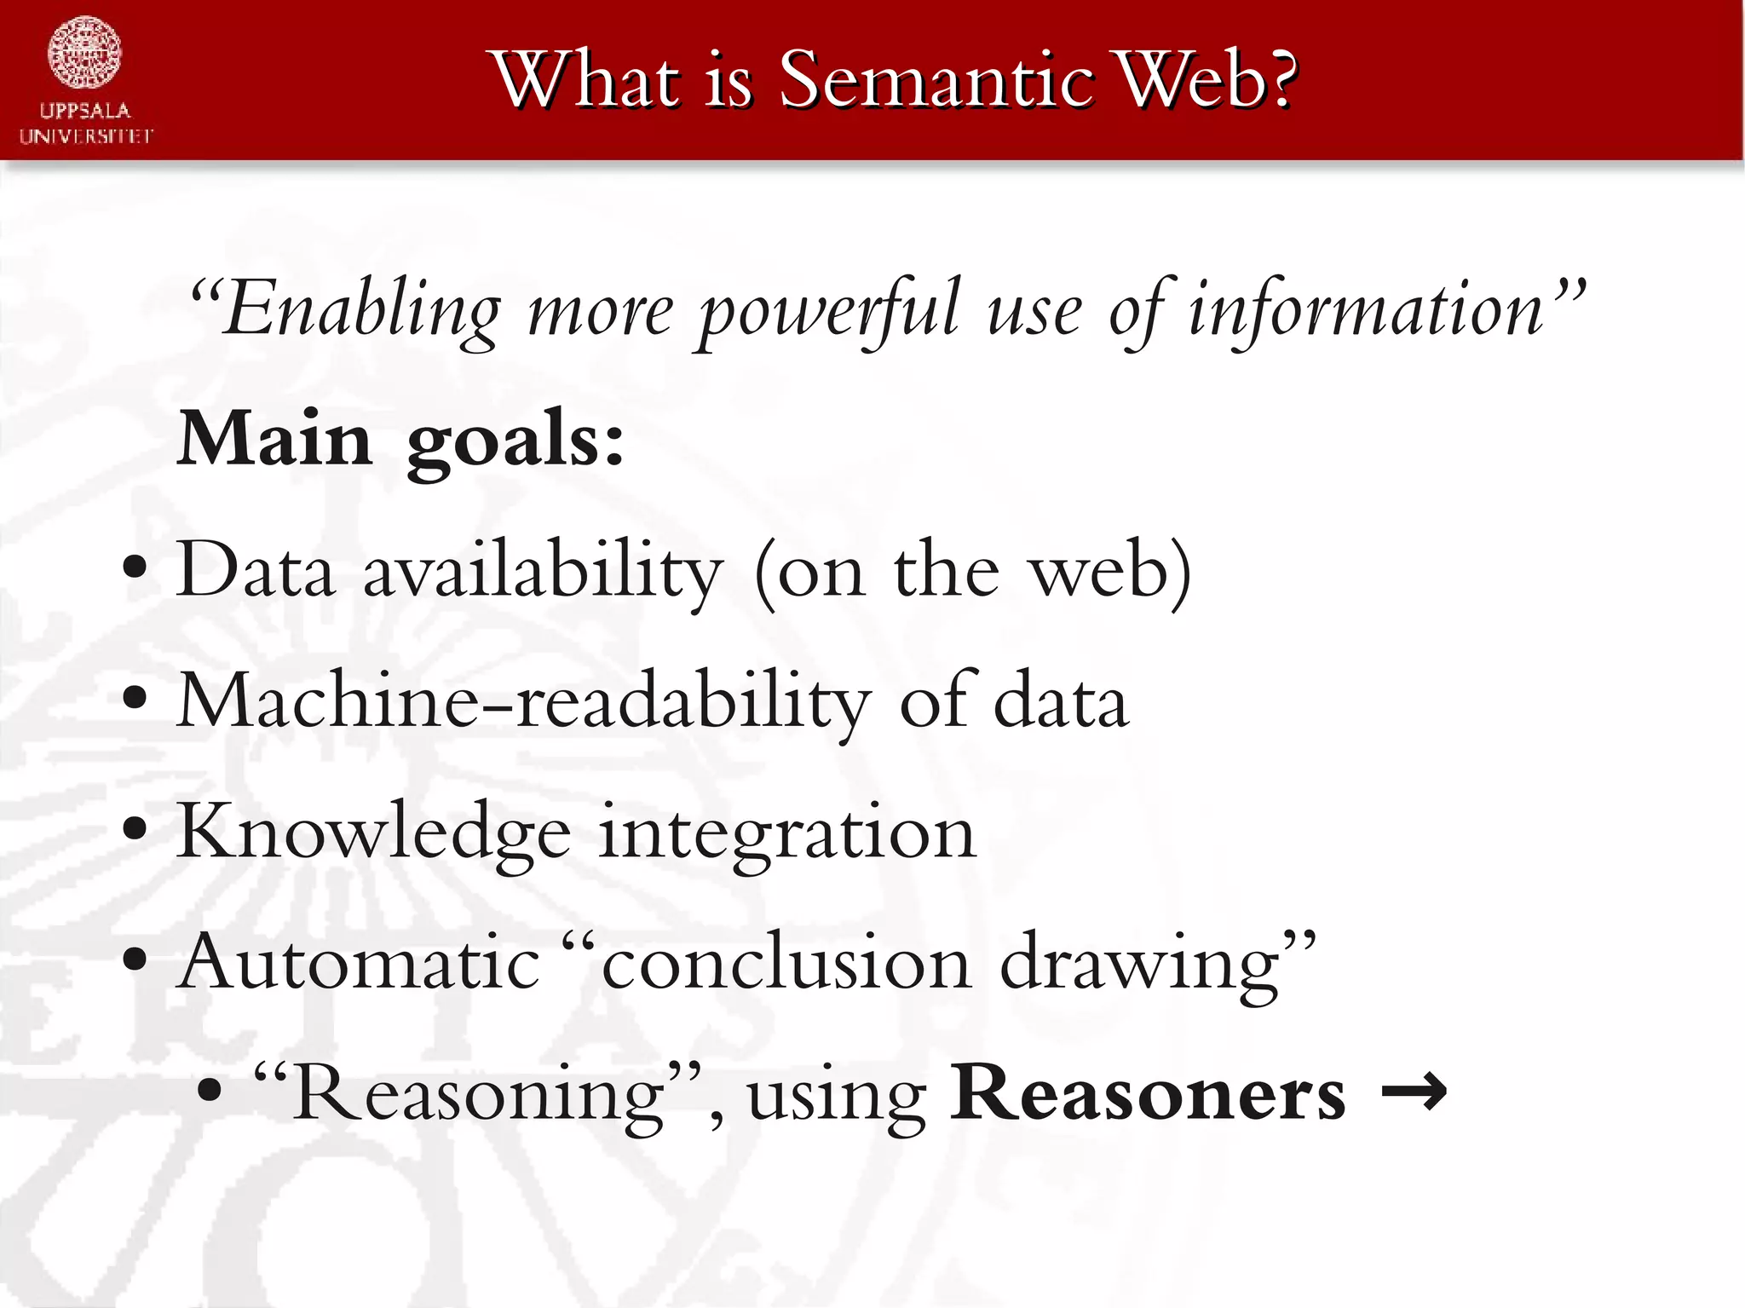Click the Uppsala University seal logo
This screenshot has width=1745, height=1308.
84,53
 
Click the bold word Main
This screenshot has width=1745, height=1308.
275,440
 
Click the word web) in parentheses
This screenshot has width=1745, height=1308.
1111,571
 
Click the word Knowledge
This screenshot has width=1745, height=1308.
373,833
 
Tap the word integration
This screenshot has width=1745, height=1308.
786,833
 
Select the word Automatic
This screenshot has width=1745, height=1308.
359,963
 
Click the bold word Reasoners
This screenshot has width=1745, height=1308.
1148,1093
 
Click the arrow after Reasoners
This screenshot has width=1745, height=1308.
1414,1092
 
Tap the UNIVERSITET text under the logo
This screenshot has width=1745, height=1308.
86,136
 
